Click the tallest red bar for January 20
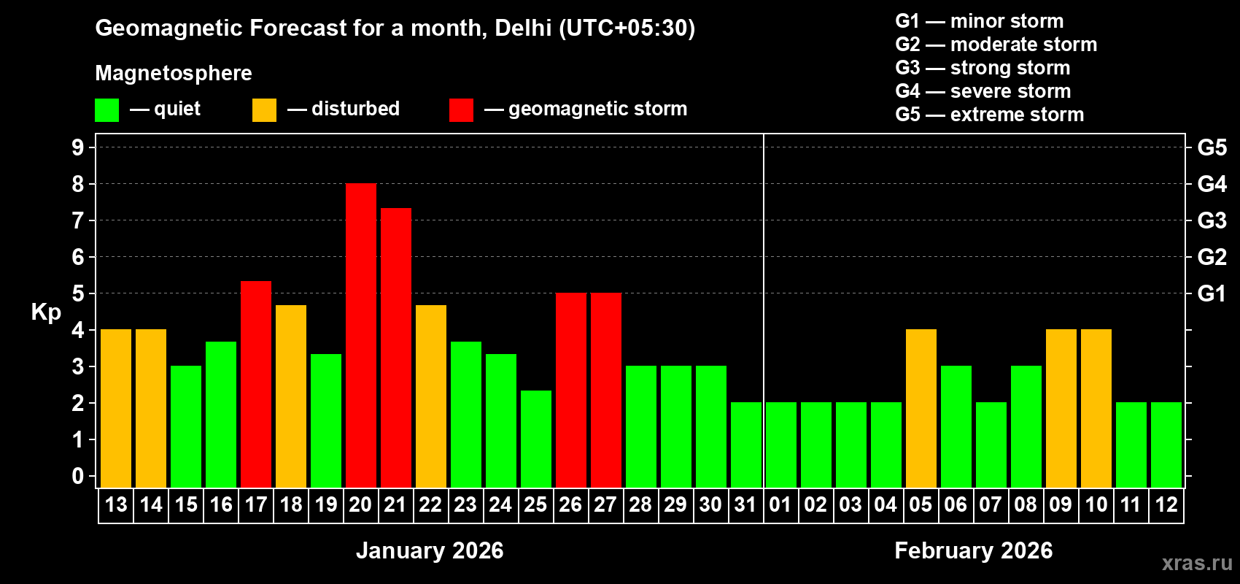(361, 336)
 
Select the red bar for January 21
(396, 347)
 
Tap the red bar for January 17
(256, 384)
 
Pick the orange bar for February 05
(921, 409)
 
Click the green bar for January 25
(536, 439)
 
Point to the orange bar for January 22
(431, 396)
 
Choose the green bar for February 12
(1166, 445)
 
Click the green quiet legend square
(106, 110)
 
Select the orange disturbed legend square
(264, 110)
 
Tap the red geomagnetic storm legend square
(461, 110)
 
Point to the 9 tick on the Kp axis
(78, 147)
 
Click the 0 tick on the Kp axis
(78, 476)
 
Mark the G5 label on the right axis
(1212, 147)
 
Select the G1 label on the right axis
(1212, 293)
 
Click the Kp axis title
(46, 312)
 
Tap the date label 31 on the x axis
(745, 504)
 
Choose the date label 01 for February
(780, 504)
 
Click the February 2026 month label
(973, 550)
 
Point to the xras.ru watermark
(1197, 562)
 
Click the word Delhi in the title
(523, 28)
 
